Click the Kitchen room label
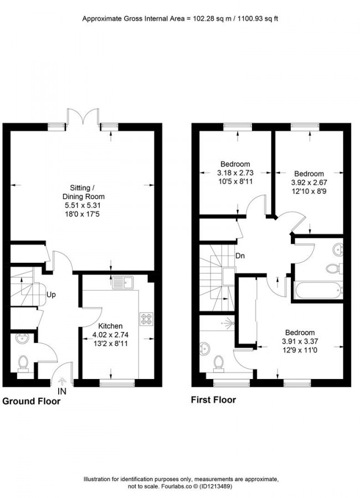110,326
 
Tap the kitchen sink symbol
123,282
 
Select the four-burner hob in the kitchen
146,319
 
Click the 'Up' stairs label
51,295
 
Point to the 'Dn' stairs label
240,256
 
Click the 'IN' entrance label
62,391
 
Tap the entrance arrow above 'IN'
62,381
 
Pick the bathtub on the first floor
318,290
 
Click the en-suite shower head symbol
228,324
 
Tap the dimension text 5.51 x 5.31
83,205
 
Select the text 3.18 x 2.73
235,173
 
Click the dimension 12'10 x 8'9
309,191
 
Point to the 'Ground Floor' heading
31,401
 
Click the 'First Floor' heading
213,400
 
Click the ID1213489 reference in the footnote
217,486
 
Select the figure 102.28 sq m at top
205,19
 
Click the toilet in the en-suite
218,364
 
